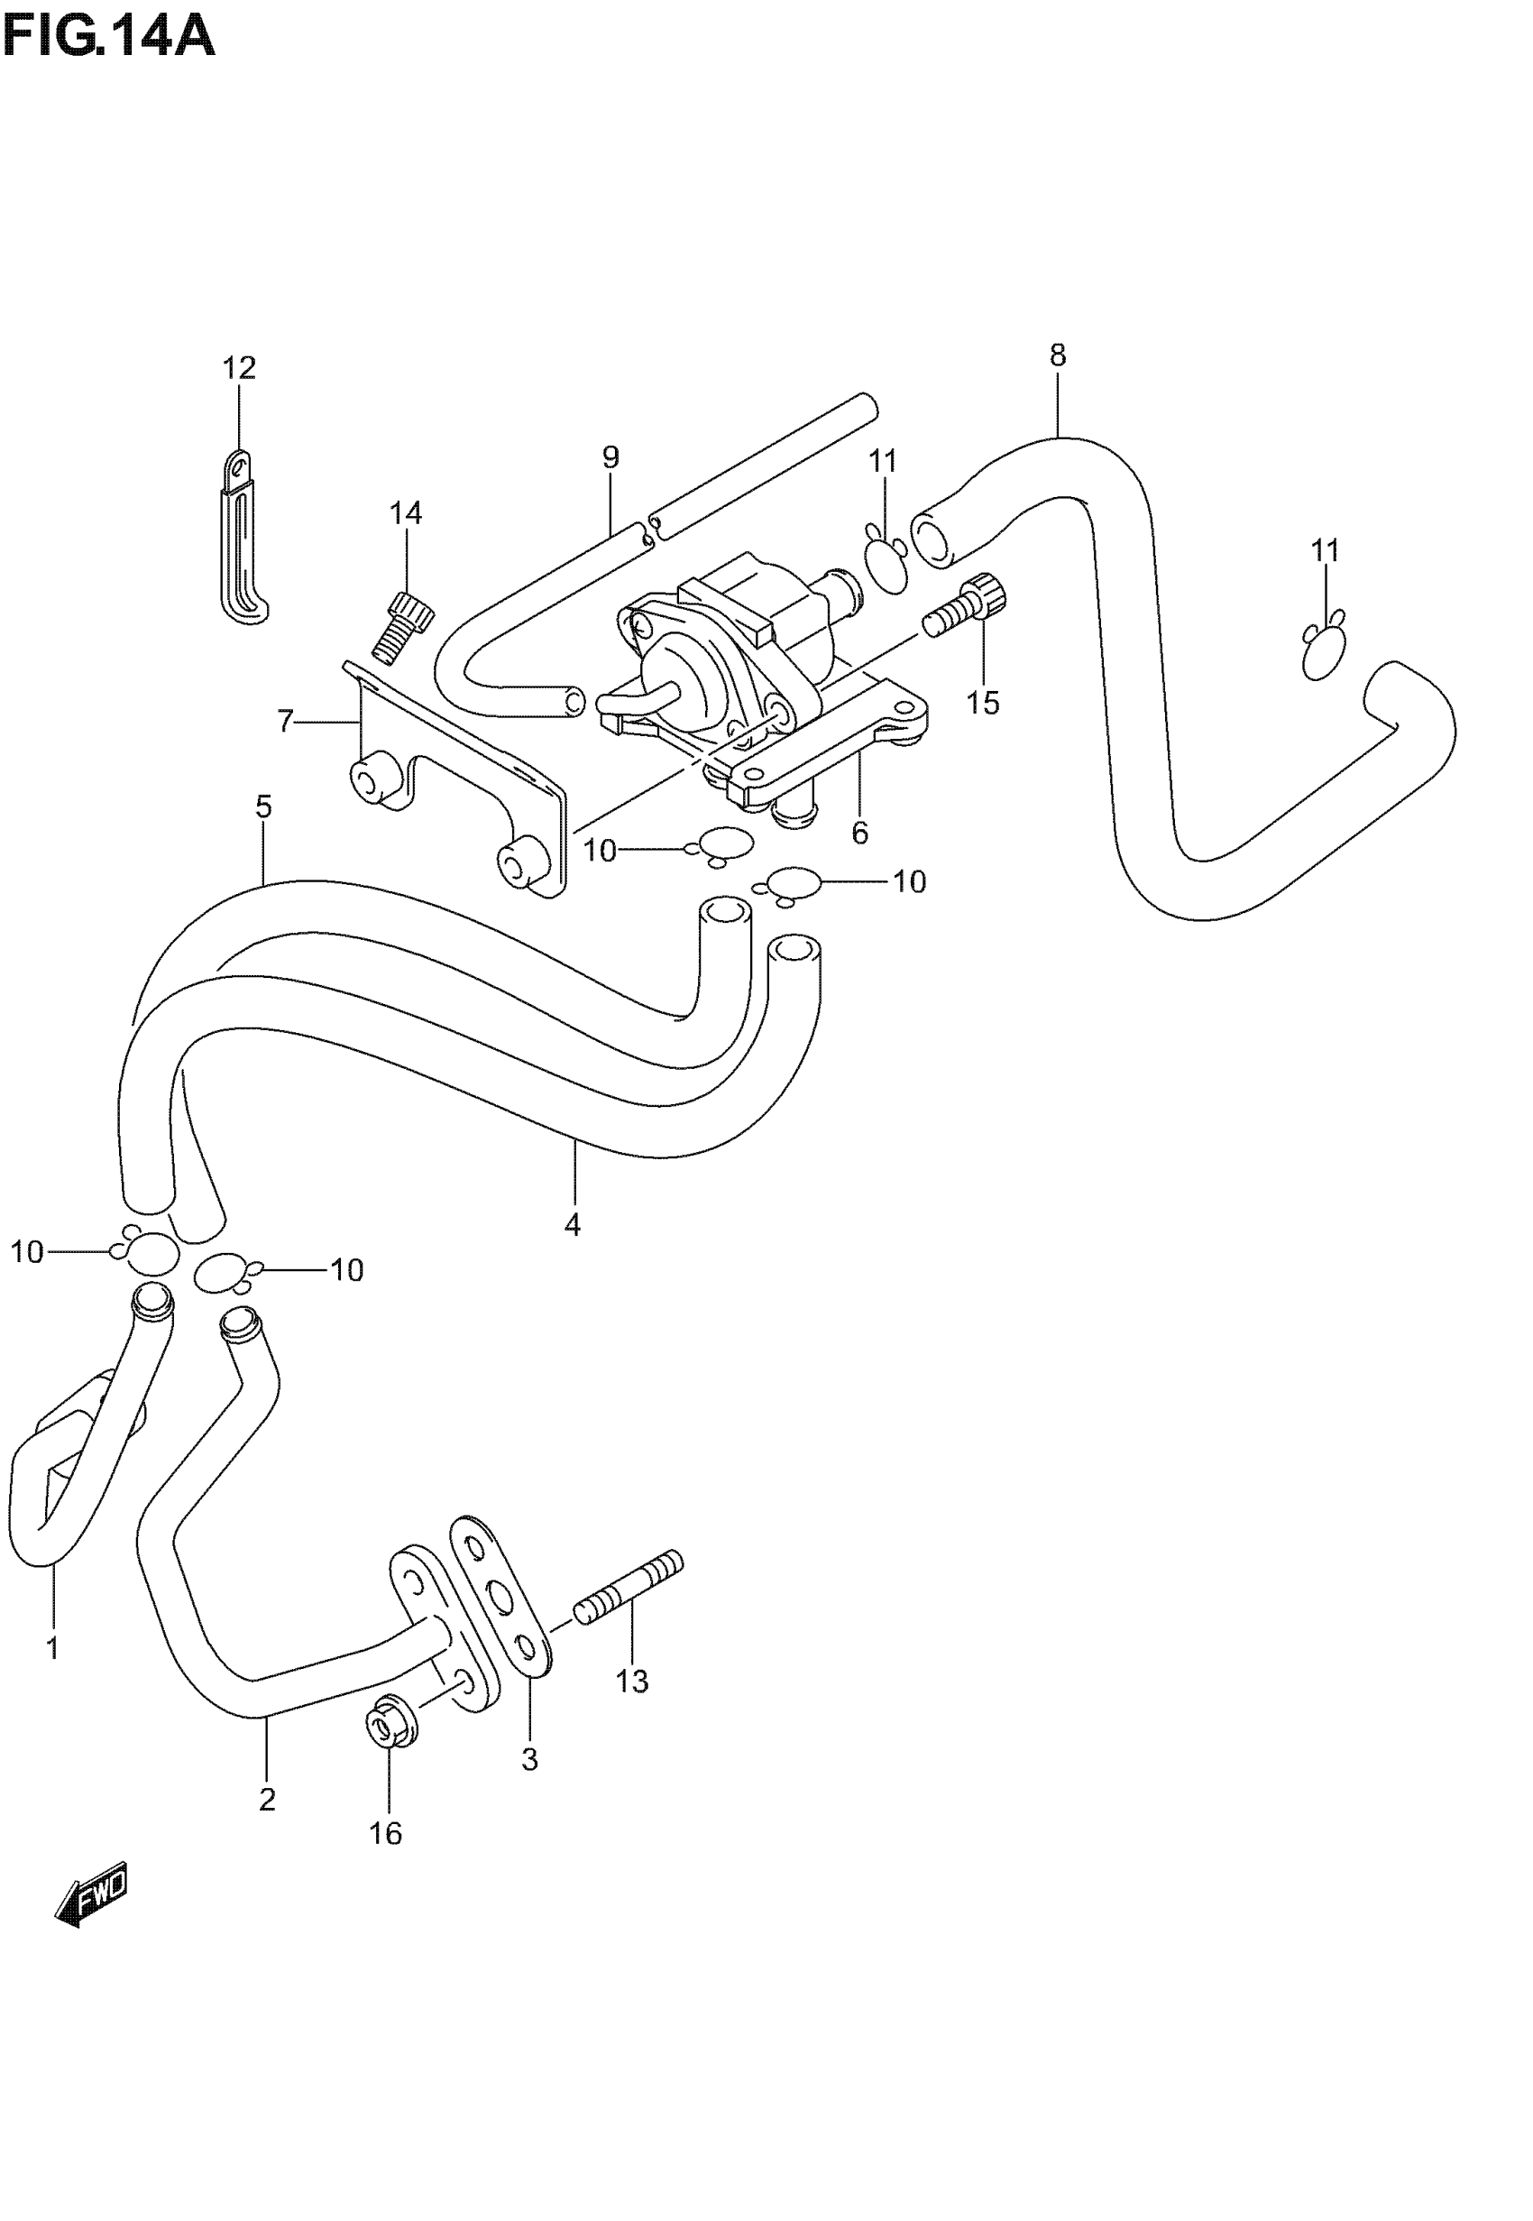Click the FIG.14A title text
[107, 39]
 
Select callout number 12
[239, 368]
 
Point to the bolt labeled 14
[401, 625]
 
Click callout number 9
[610, 457]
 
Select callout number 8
[1058, 355]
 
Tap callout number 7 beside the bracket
[284, 722]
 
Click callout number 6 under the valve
[859, 833]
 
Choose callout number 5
[264, 806]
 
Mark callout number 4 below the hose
[573, 1226]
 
